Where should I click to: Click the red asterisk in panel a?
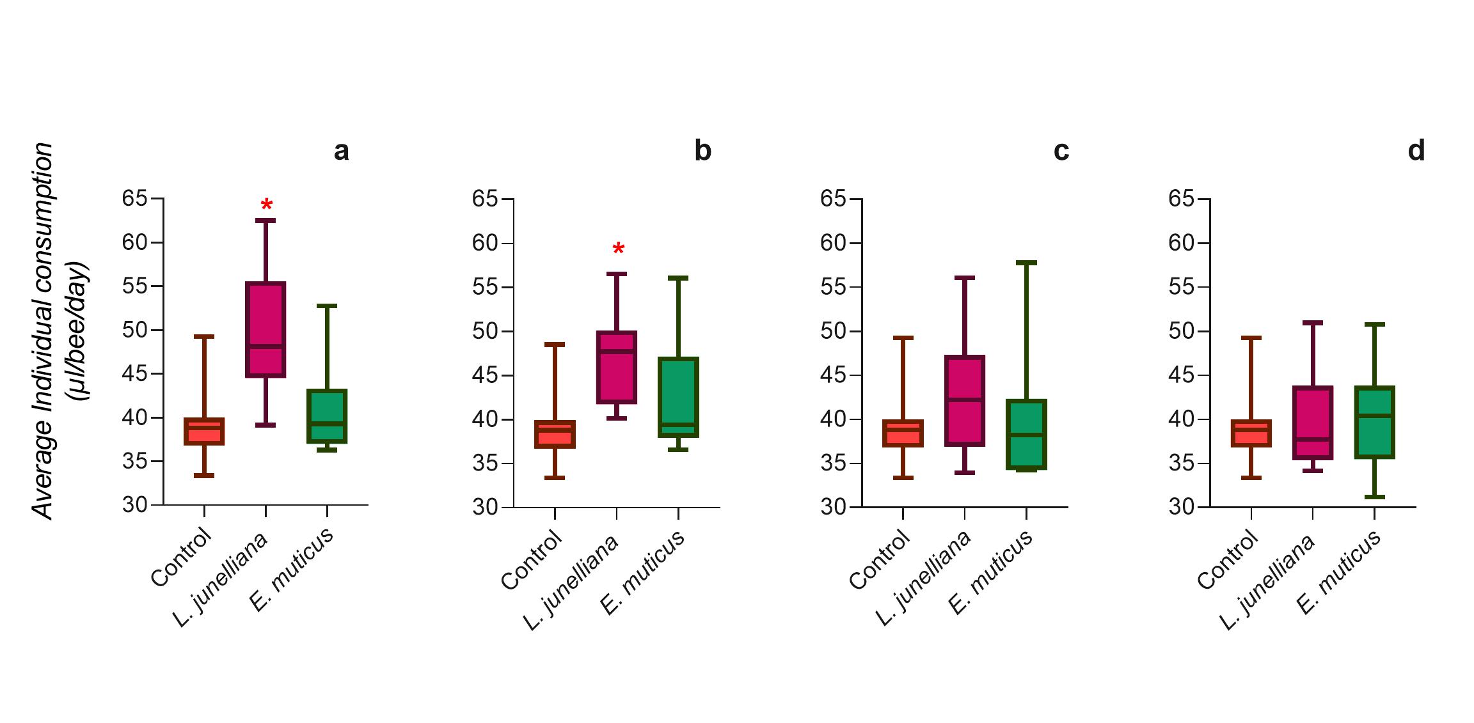tap(267, 205)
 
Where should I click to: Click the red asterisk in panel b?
tap(618, 249)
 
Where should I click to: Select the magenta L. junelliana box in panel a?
tap(265, 329)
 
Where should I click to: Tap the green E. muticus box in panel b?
tap(678, 396)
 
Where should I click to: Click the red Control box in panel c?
tap(903, 433)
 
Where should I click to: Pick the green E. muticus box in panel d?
tap(1374, 422)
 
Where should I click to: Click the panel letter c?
tap(1061, 151)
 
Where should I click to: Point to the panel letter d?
tap(1416, 151)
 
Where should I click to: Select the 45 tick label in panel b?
tap(484, 375)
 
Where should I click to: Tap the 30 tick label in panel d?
tap(1181, 507)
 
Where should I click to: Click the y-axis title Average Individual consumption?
tap(44, 331)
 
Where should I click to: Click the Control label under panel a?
tap(181, 557)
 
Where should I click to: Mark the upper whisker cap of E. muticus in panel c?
tap(1026, 262)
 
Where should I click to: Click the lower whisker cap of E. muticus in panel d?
tap(1374, 497)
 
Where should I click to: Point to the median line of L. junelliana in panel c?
tap(964, 400)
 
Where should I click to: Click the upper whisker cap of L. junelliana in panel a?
tap(265, 220)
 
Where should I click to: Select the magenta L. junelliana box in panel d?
tap(1312, 423)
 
